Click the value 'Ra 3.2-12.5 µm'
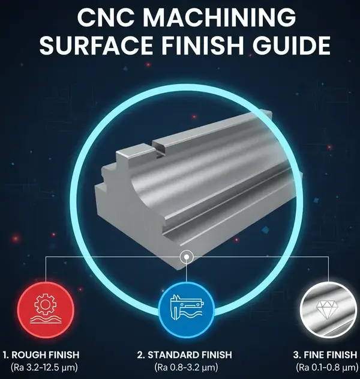(41, 367)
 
